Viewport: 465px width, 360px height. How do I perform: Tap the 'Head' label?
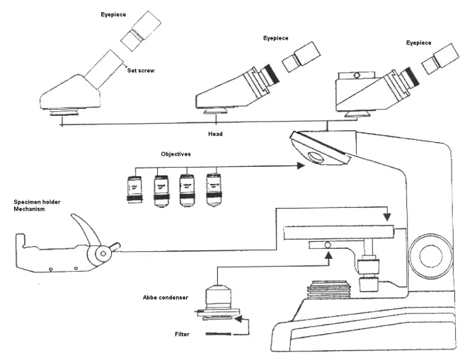point(216,133)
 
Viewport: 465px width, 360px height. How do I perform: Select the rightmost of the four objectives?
point(212,189)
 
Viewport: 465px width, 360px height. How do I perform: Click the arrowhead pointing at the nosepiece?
point(301,166)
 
